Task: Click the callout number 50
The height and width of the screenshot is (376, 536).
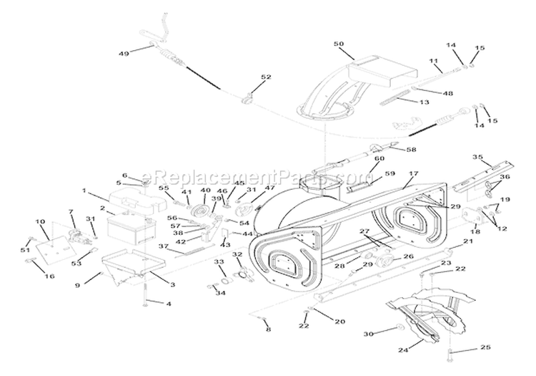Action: pyautogui.click(x=338, y=44)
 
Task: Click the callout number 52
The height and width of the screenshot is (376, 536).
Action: pyautogui.click(x=246, y=77)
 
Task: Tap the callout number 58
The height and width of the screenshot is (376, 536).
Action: pyautogui.click(x=391, y=150)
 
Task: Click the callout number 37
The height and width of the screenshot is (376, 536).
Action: pyautogui.click(x=163, y=246)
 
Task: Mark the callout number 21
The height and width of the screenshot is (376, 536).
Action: pyautogui.click(x=469, y=242)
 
